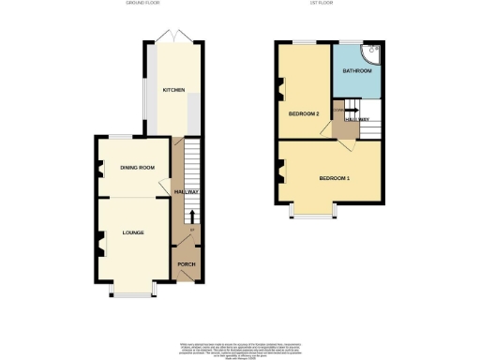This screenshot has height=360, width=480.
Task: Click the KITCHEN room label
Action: coord(172,90)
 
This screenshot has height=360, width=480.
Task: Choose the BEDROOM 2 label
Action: coord(305,113)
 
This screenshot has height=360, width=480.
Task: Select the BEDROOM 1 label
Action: coord(335,178)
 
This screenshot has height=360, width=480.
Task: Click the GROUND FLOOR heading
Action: coord(144,4)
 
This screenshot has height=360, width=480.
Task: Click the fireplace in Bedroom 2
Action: coord(279,91)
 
